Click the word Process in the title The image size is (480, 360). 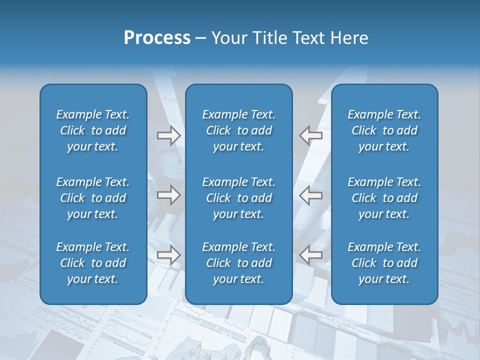click(157, 38)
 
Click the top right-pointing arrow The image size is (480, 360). click(168, 135)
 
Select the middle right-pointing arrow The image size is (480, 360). click(168, 195)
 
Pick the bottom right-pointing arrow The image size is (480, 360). click(168, 255)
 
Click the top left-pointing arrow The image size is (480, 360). click(311, 135)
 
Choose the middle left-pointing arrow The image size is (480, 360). click(311, 195)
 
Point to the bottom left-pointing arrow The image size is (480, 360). click(311, 255)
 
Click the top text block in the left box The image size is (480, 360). click(93, 130)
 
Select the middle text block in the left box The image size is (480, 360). click(93, 198)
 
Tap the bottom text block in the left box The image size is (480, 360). click(93, 263)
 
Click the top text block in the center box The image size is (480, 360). click(238, 130)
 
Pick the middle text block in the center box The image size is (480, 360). click(238, 198)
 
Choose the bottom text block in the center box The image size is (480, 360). click(238, 263)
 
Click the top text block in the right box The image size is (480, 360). click(384, 130)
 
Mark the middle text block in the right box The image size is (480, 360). click(384, 198)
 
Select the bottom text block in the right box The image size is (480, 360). click(384, 263)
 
